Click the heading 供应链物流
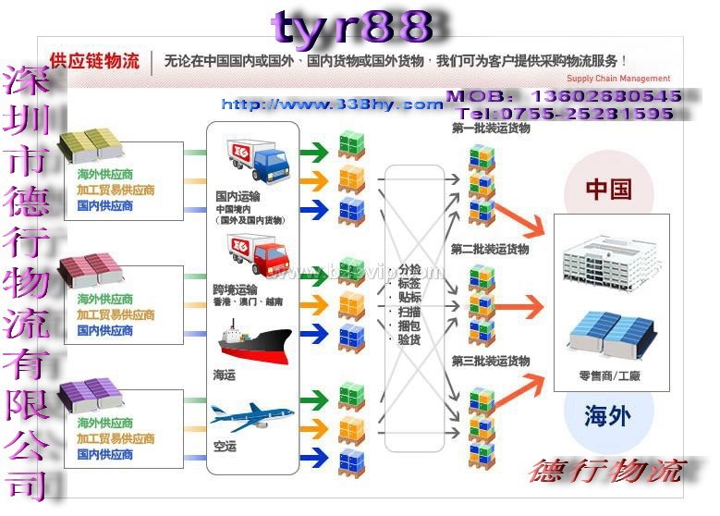point(94,62)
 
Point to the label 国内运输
point(238,196)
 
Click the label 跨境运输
point(235,289)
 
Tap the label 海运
point(225,373)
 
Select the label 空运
point(225,447)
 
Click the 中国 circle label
point(608,190)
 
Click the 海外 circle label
point(608,415)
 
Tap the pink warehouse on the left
point(92,267)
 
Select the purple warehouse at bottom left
point(92,393)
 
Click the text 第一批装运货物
point(490,129)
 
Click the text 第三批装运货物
point(490,361)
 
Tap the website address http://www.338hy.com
point(332,104)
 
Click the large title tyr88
point(353,28)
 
